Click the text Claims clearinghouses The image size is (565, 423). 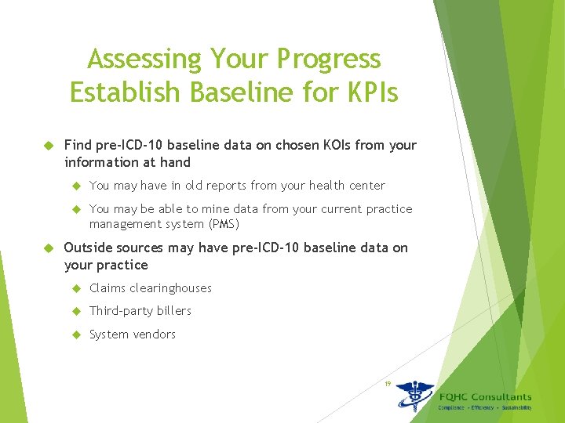click(x=151, y=288)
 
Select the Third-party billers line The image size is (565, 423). click(x=140, y=311)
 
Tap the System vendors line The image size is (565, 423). click(x=133, y=334)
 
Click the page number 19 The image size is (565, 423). click(x=387, y=383)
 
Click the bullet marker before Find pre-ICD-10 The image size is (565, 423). click(x=48, y=146)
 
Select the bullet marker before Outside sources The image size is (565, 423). click(x=48, y=248)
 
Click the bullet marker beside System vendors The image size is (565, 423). click(x=76, y=334)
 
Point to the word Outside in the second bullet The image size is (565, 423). click(x=89, y=248)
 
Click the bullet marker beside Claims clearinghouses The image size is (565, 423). click(x=76, y=288)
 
